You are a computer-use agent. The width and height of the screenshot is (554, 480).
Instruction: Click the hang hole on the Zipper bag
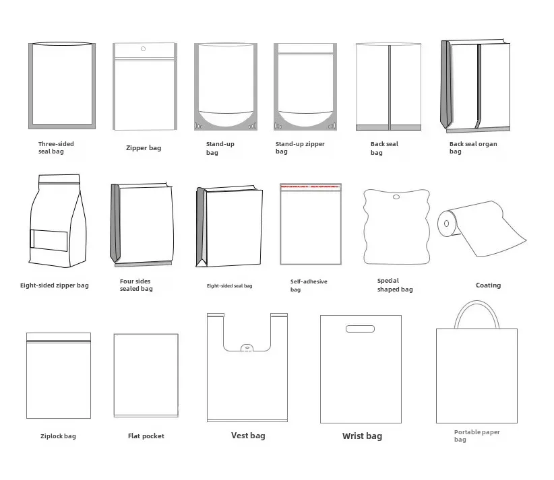tap(143, 48)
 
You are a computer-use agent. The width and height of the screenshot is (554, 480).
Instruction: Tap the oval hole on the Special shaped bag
tap(396, 198)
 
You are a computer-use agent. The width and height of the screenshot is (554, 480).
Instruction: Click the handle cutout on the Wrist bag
tap(360, 329)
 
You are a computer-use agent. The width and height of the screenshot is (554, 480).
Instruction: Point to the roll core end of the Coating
tap(445, 222)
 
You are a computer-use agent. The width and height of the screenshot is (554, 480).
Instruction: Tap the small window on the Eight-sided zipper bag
tap(49, 240)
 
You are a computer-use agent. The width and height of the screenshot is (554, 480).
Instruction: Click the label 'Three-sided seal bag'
tap(56, 147)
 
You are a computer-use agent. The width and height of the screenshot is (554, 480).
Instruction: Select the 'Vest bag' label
tap(248, 436)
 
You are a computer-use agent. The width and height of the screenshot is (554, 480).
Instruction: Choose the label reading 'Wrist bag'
tap(362, 436)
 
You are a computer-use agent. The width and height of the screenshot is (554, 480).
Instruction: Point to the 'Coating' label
tap(488, 285)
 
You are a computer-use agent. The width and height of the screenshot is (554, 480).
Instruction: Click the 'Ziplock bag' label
tap(58, 436)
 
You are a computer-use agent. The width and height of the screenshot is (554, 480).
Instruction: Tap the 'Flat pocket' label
tap(146, 436)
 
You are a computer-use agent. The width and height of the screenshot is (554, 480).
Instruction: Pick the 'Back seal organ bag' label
tap(473, 147)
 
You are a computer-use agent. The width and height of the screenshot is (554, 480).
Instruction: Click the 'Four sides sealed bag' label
tap(136, 285)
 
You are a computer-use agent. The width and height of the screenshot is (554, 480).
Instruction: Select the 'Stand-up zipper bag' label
tap(300, 147)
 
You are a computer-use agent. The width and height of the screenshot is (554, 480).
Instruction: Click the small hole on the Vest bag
tap(247, 348)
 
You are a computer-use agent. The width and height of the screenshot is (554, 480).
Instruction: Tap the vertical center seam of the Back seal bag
tap(389, 84)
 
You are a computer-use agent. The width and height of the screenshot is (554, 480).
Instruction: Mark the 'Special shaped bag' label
tap(395, 285)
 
